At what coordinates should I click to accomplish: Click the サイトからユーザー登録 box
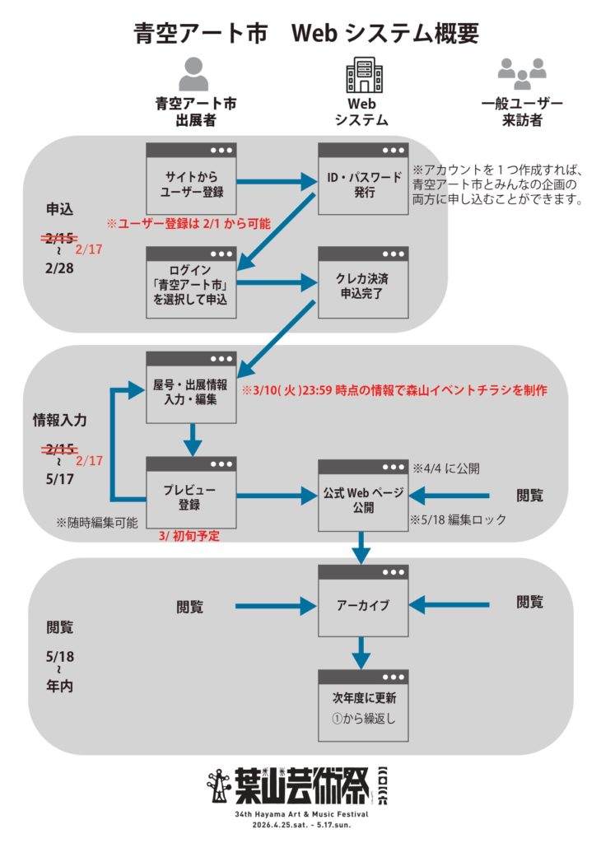pyautogui.click(x=191, y=180)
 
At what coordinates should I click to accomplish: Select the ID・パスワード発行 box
pyautogui.click(x=363, y=180)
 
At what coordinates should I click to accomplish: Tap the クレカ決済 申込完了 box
pyautogui.click(x=363, y=284)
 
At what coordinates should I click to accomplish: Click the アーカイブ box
pyautogui.click(x=363, y=605)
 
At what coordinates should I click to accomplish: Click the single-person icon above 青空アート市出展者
pyautogui.click(x=194, y=74)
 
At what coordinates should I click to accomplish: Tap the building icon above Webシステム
pyautogui.click(x=363, y=74)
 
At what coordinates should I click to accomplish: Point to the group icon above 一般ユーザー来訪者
pyautogui.click(x=522, y=74)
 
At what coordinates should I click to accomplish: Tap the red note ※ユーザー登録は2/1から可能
pyautogui.click(x=188, y=224)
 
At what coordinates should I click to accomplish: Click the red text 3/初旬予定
pyautogui.click(x=193, y=535)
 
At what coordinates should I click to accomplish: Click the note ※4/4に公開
pyautogui.click(x=445, y=468)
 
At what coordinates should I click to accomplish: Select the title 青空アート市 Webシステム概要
pyautogui.click(x=306, y=33)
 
